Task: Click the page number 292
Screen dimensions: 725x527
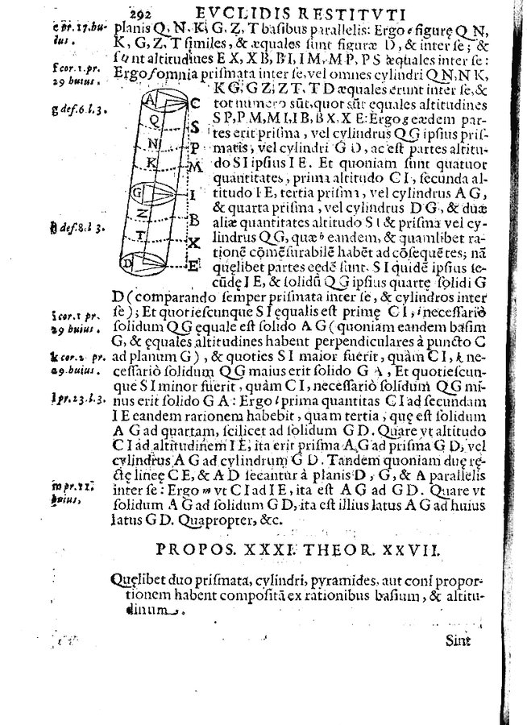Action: (139, 10)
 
